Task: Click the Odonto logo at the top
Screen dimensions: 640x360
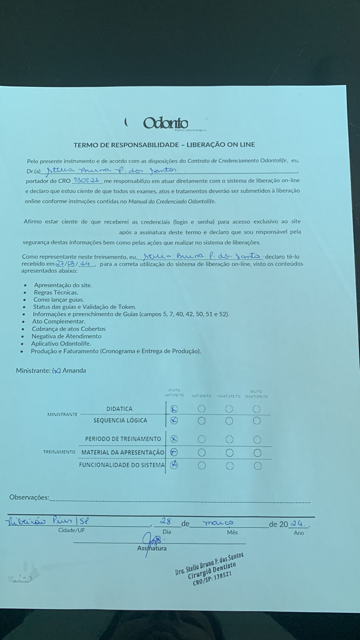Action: (165, 123)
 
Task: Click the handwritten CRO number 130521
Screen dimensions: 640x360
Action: (86, 180)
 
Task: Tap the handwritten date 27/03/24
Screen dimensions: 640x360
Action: (74, 264)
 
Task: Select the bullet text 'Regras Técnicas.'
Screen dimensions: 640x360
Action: (56, 292)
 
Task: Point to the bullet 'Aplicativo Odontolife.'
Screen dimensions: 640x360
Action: (61, 344)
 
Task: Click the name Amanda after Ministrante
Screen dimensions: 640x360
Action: (74, 370)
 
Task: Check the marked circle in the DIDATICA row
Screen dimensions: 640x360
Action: (174, 409)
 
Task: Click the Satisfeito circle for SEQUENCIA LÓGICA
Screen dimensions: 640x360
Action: (202, 421)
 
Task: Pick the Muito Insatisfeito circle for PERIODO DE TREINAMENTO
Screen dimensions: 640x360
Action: (257, 440)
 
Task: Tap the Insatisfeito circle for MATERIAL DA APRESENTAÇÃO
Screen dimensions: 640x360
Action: (230, 453)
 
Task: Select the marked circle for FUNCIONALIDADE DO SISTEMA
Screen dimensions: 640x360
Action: (174, 465)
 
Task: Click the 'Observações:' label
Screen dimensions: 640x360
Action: (29, 498)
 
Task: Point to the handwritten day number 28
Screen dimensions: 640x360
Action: (166, 522)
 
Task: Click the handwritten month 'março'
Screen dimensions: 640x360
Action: (218, 523)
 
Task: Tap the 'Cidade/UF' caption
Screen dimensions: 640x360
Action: (72, 530)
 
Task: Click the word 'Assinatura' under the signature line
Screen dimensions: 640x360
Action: (152, 548)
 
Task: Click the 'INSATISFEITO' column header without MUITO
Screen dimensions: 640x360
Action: (229, 396)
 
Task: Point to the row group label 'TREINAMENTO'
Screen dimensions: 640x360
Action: (59, 452)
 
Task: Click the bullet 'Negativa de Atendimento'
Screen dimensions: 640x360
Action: (66, 336)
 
